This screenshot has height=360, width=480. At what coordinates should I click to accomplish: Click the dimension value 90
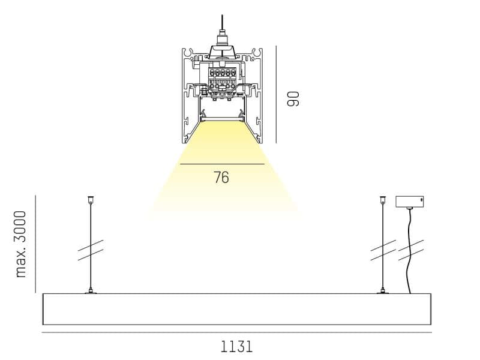[x=293, y=98]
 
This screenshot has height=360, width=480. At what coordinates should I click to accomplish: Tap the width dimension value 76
[x=221, y=177]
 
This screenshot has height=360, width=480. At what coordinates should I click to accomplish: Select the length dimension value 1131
[x=236, y=347]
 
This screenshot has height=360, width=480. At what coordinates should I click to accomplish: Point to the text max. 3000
[x=21, y=244]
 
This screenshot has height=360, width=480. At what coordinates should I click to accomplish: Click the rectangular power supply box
[x=410, y=202]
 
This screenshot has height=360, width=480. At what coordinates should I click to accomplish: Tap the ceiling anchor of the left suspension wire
[x=91, y=200]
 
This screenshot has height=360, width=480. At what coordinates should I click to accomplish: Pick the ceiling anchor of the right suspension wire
[x=383, y=200]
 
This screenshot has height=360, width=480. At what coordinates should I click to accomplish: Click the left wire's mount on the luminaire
[x=91, y=291]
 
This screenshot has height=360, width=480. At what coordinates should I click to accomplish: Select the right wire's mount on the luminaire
[x=383, y=291]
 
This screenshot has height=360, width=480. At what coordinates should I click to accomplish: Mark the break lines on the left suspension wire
[x=91, y=250]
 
